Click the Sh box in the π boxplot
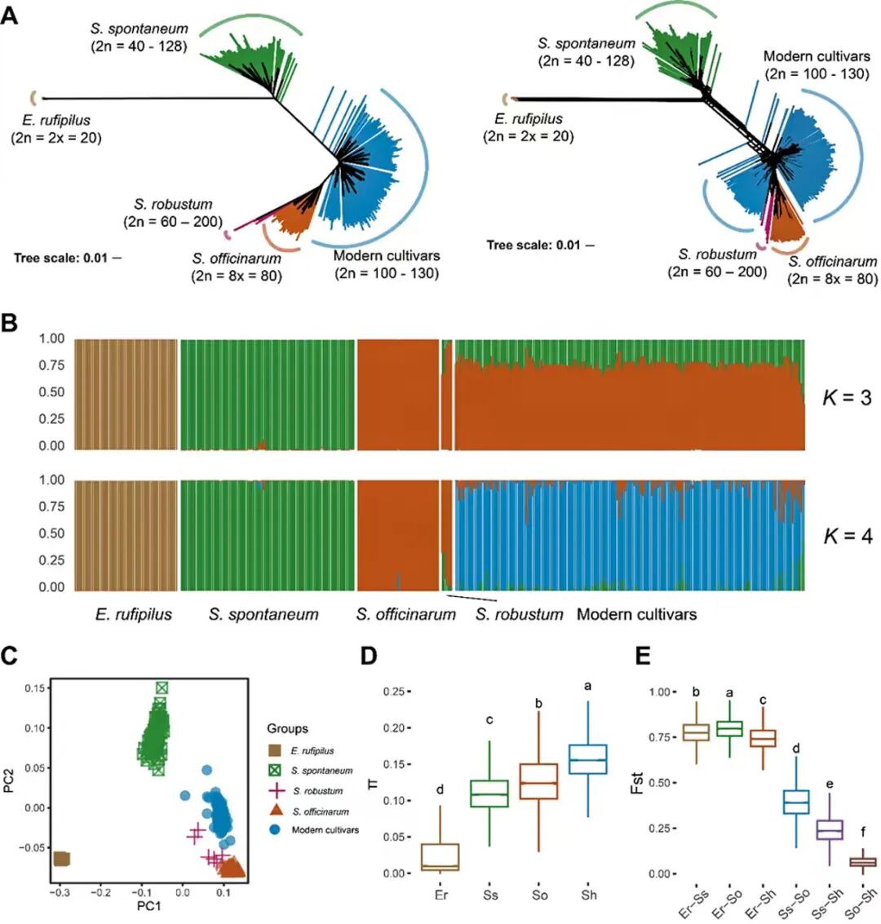click(x=590, y=759)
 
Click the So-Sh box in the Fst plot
click(x=862, y=862)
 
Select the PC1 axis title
click(x=149, y=904)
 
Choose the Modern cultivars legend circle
click(x=276, y=830)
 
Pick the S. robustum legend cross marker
click(x=276, y=790)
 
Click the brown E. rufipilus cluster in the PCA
click(x=60, y=859)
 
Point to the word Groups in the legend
click(x=288, y=728)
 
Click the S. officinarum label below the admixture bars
click(x=405, y=614)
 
